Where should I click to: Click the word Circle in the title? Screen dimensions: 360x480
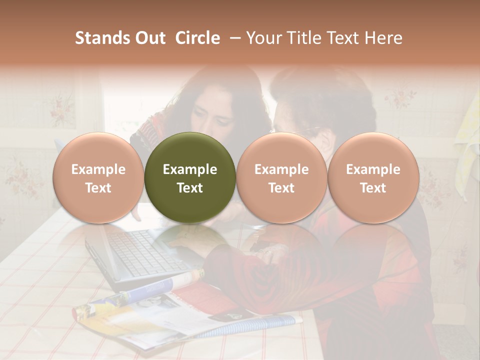coord(197,38)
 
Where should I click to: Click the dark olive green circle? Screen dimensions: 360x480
coord(190,178)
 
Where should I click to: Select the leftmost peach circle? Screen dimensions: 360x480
coord(98,178)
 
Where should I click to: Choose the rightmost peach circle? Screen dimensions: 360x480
coord(373,178)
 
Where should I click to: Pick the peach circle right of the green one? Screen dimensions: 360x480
coord(281,178)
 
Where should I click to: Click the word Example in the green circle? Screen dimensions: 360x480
coord(190,169)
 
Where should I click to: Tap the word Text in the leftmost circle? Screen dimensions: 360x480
coord(98,188)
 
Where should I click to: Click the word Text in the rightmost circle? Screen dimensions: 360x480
coord(373,188)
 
